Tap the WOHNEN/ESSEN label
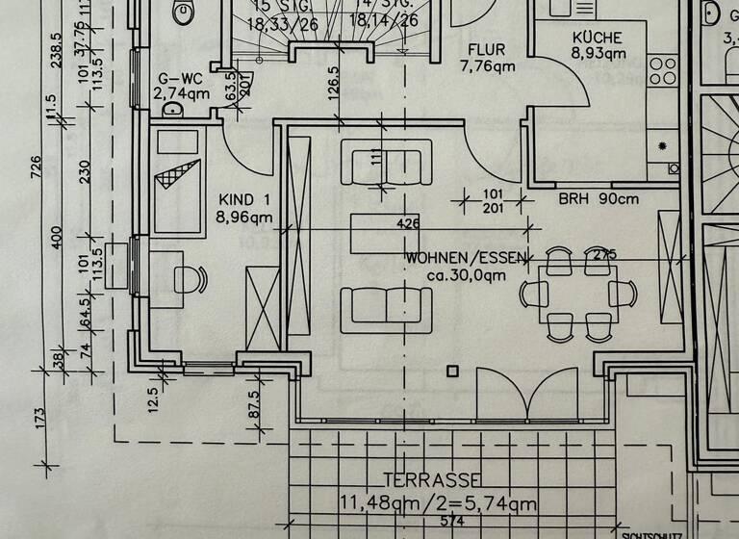click(466, 258)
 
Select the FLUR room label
click(487, 49)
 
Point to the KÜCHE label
click(597, 37)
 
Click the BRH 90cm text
click(599, 200)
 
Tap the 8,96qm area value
click(245, 217)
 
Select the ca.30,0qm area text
click(466, 275)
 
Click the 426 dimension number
click(409, 223)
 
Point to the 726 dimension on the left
click(36, 167)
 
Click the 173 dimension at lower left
click(39, 417)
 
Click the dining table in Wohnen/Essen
click(577, 293)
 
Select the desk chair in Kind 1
click(188, 278)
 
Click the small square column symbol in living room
click(452, 371)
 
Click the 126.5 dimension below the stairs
click(334, 82)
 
